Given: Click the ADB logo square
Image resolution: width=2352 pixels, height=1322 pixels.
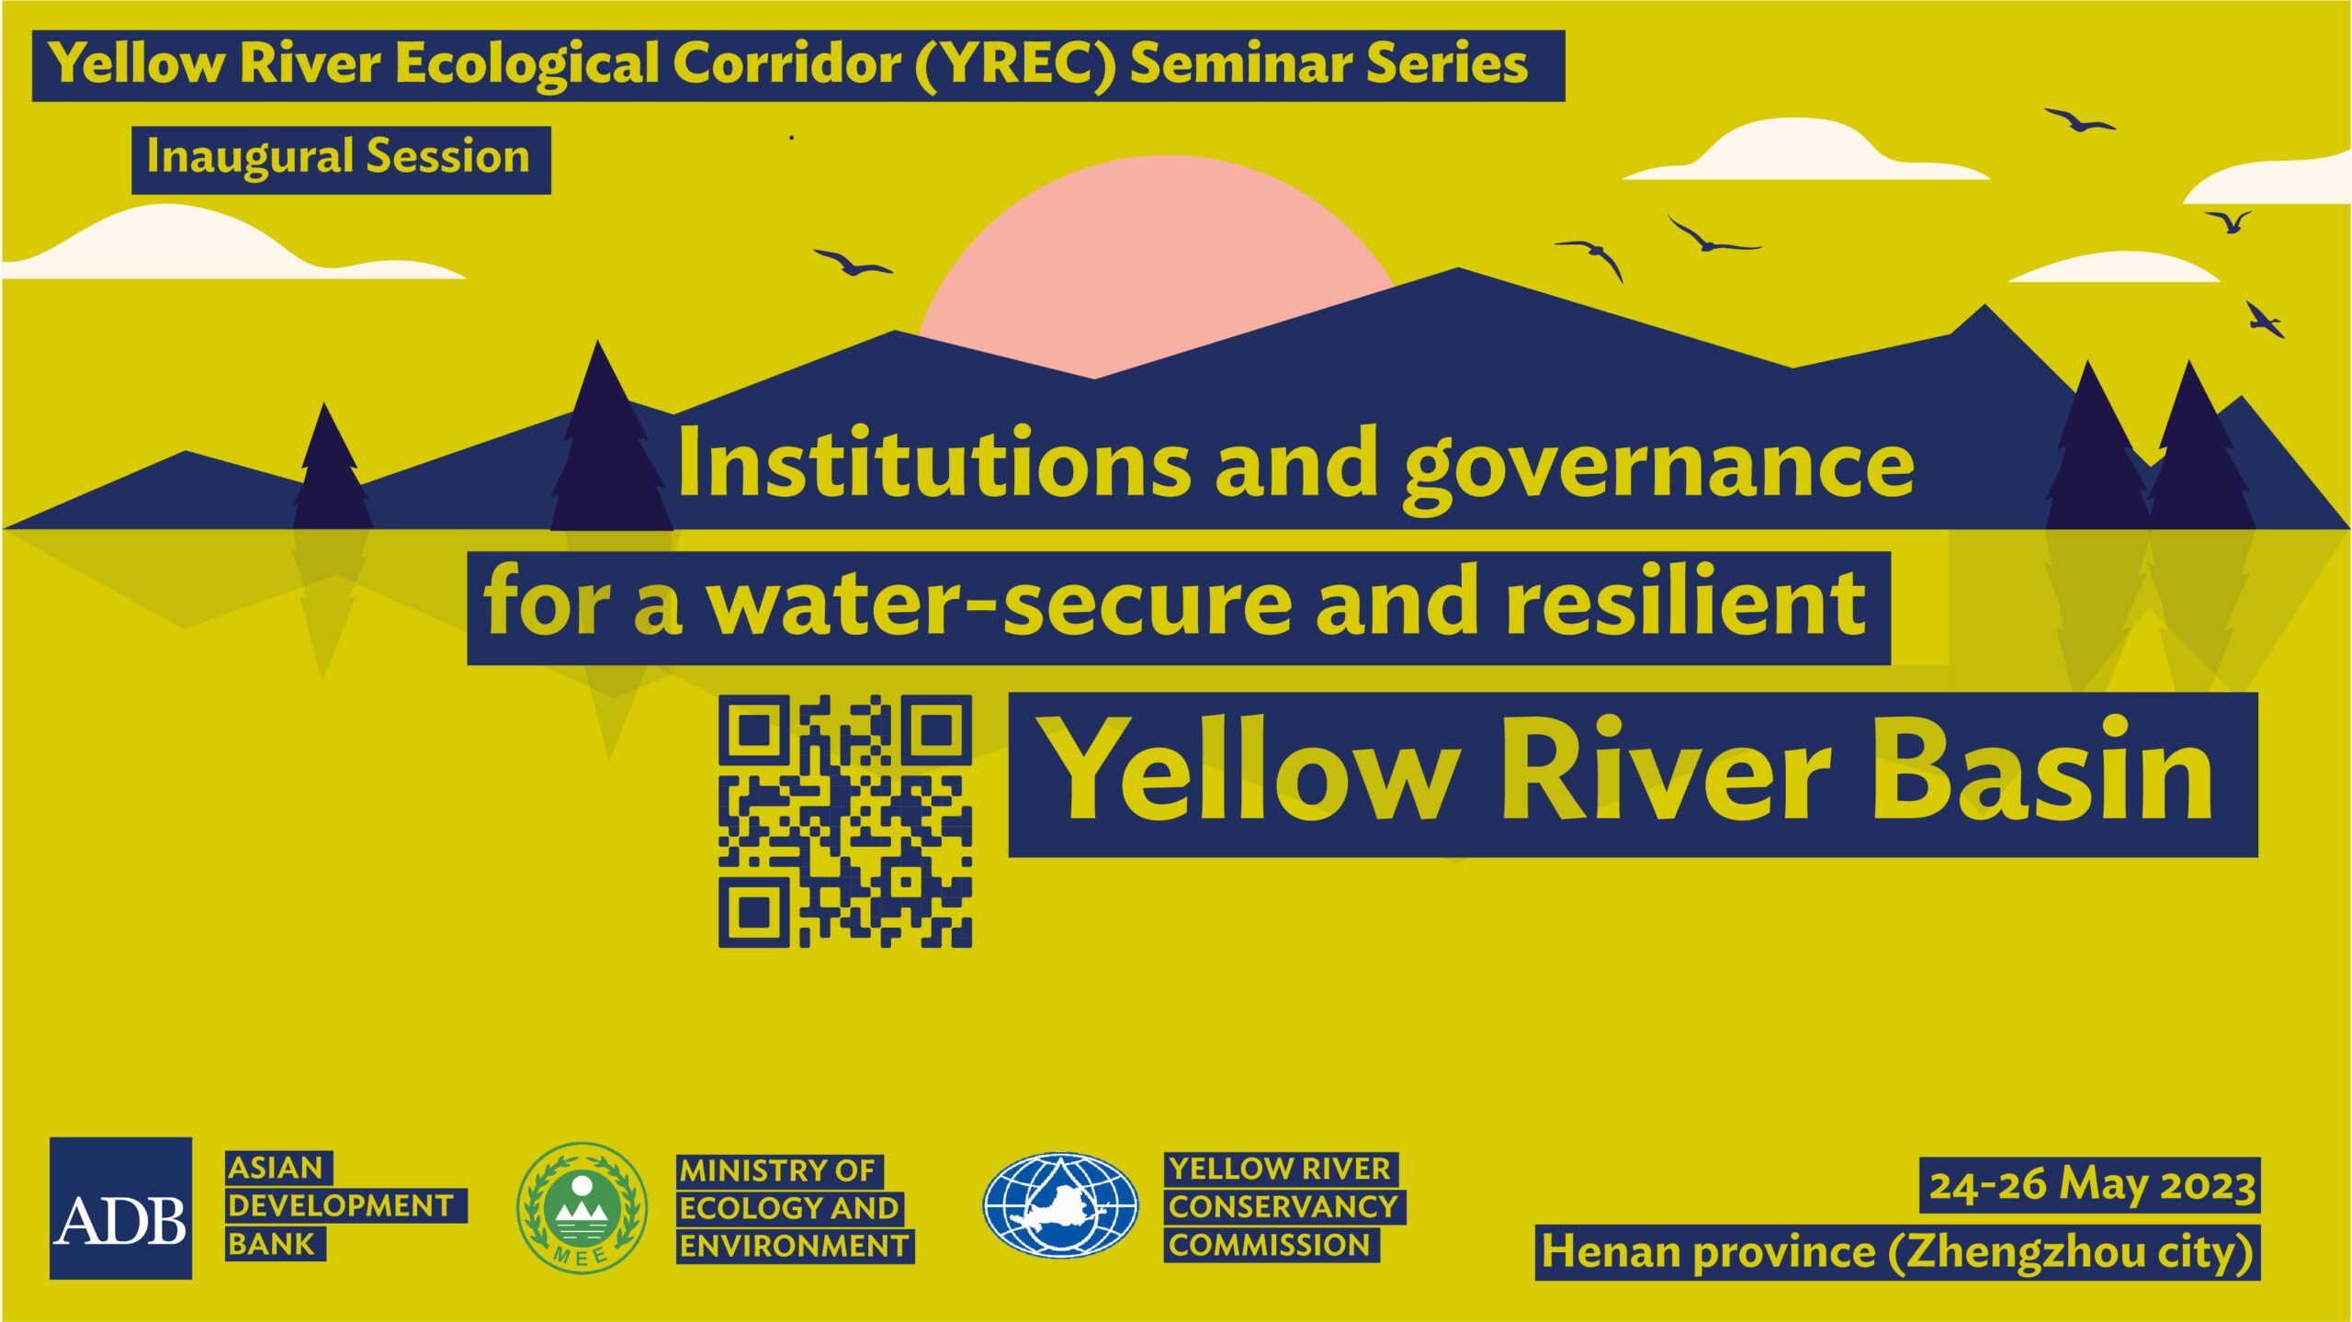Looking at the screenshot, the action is click(x=120, y=1207).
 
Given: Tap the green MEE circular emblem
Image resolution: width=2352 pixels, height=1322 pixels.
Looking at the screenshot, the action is click(x=582, y=1207).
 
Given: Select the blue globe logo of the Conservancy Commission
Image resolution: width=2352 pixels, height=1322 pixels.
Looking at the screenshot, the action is click(x=1060, y=1204).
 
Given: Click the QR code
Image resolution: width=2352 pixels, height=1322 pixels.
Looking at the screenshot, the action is click(x=844, y=821).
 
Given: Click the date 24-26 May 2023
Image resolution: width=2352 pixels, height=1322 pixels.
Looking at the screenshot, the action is click(x=2091, y=1184).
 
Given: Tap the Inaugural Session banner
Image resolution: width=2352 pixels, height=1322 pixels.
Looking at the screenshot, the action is click(x=341, y=160).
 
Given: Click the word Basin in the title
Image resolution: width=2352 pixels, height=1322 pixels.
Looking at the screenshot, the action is click(x=2041, y=770).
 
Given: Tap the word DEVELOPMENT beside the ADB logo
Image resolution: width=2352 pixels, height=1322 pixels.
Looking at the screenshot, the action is click(x=340, y=1205).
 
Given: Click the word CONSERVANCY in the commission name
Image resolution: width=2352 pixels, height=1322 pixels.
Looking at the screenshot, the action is click(x=1283, y=1206).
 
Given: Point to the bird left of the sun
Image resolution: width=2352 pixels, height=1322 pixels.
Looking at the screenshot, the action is click(x=853, y=263).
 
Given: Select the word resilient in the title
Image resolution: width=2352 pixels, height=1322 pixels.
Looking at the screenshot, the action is click(x=1685, y=602).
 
